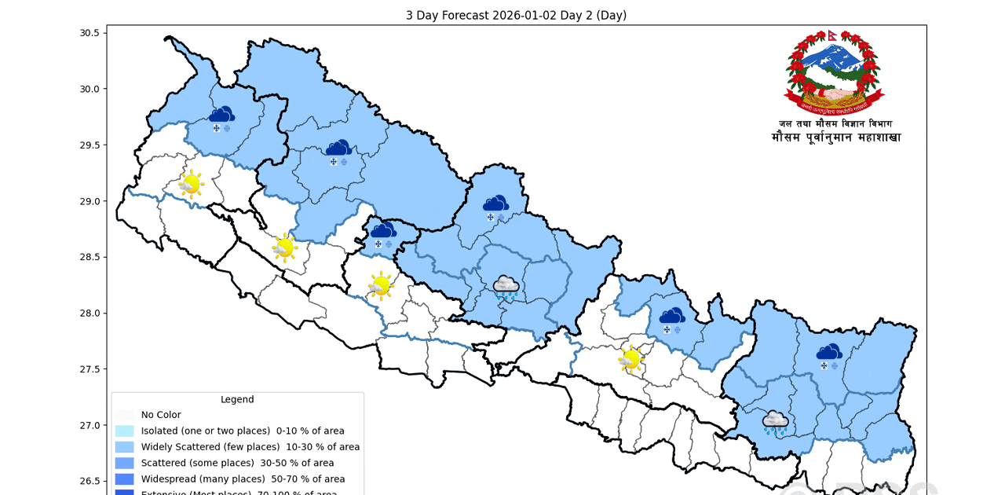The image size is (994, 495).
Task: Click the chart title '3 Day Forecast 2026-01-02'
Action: click(516, 16)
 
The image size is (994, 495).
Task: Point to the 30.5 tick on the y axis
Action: click(89, 33)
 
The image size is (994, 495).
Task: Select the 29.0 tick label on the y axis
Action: click(89, 201)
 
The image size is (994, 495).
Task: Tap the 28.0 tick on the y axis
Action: click(89, 313)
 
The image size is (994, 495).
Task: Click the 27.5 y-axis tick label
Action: click(89, 369)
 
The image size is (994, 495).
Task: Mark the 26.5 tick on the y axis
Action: click(89, 481)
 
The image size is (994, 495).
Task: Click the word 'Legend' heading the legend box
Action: click(237, 399)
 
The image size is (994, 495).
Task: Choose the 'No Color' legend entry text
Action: click(161, 415)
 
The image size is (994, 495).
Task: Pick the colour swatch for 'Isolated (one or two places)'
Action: click(125, 431)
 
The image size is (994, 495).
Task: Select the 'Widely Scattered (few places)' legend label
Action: click(250, 447)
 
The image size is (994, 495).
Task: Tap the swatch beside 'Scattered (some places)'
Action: click(125, 463)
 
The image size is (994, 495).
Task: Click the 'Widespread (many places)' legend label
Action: click(243, 478)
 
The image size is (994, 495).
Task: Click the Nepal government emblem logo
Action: click(834, 72)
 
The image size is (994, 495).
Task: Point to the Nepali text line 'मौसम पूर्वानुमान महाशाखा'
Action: click(835, 138)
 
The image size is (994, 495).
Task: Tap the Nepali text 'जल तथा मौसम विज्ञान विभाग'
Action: click(835, 123)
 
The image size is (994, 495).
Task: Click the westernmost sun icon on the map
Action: click(190, 184)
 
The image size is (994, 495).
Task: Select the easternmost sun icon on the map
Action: click(630, 359)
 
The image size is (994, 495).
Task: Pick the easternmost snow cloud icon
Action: click(828, 355)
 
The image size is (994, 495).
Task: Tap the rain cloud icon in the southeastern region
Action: click(776, 423)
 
